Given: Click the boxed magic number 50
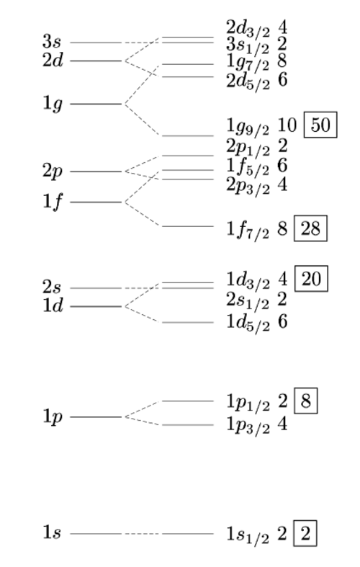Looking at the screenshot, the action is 320,125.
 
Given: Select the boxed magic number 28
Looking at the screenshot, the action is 310,228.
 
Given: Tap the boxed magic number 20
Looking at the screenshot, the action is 311,278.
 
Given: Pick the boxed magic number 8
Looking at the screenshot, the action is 306,401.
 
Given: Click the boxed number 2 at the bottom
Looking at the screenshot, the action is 305,533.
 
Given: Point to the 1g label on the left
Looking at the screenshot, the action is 53,104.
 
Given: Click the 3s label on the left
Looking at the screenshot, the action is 52,42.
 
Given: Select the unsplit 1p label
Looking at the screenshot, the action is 53,417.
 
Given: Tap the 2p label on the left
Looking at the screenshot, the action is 53,171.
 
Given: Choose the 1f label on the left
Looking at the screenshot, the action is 53,201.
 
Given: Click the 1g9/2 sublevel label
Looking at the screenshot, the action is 248,127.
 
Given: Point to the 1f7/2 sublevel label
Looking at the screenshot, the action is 248,230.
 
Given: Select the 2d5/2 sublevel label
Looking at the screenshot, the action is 248,81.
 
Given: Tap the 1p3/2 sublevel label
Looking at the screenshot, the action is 248,425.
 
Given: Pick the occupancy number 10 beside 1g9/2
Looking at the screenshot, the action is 287,125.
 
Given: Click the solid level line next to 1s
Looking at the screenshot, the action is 96,533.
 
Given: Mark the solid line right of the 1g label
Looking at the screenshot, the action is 96,104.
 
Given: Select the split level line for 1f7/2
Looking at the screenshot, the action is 188,226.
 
